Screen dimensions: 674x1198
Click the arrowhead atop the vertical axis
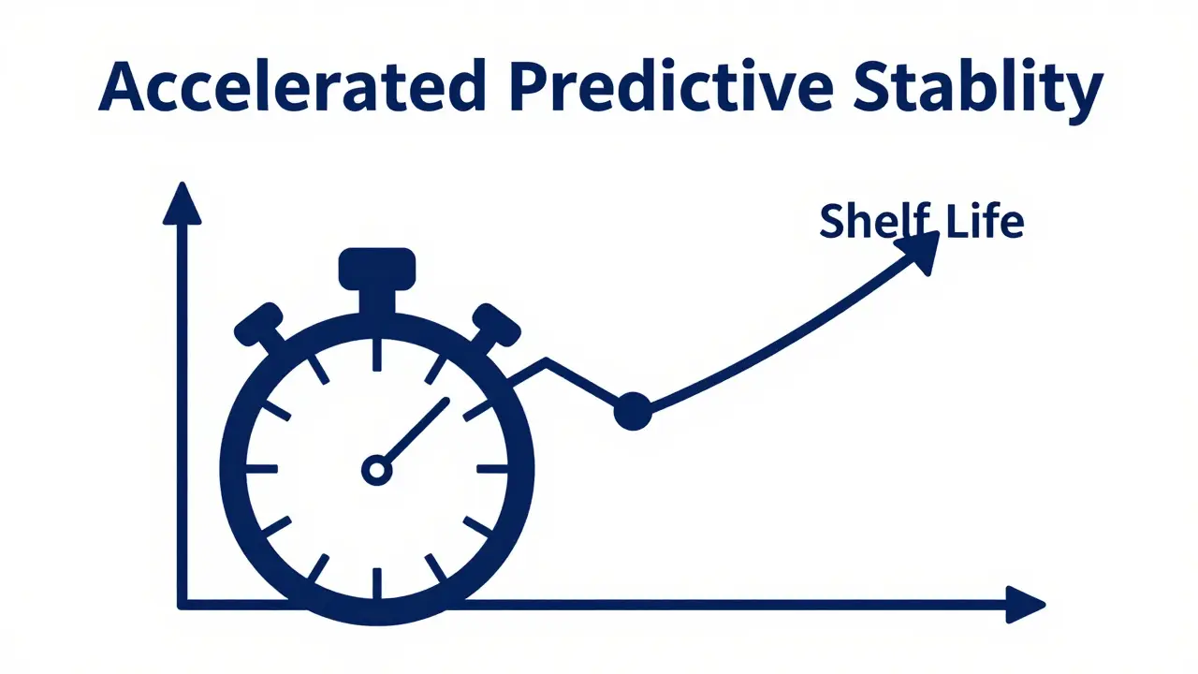182,204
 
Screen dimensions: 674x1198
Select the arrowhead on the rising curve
919,250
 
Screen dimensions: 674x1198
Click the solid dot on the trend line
633,411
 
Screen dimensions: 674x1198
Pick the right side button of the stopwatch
495,326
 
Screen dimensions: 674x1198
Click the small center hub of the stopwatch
376,469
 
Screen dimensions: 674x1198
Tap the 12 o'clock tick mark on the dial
376,354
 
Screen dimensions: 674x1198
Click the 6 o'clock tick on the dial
376,582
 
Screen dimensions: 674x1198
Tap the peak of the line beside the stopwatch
546,360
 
